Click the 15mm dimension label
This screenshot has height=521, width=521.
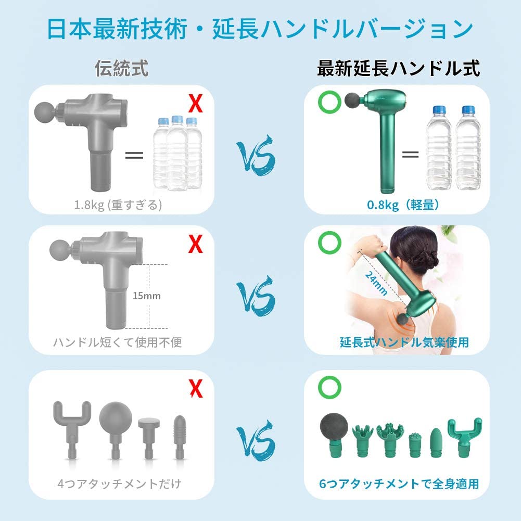coord(147,296)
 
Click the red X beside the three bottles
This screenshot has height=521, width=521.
coord(195,104)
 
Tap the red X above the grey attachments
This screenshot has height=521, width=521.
coord(196,388)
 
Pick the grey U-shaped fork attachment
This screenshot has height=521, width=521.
coord(72,429)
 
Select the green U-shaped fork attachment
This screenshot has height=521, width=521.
coord(464,437)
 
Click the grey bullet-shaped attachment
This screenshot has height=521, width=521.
coord(180,437)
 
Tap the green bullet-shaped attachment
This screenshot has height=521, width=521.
coord(436,442)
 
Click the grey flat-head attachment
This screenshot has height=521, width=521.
coord(149,438)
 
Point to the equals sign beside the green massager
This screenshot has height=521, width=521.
coord(410,154)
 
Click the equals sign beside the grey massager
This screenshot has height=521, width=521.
coord(134,155)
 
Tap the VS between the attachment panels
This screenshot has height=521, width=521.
coord(256,441)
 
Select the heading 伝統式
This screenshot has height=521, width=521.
coord(122,69)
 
